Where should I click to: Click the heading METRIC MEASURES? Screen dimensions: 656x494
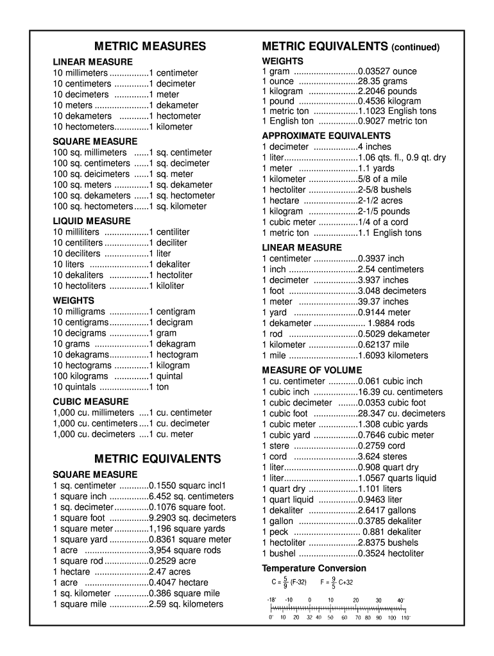pos(150,46)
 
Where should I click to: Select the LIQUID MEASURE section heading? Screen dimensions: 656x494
pos(82,221)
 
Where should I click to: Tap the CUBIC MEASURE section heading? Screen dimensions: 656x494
pos(81,402)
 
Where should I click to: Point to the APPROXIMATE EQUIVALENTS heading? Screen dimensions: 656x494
pos(326,136)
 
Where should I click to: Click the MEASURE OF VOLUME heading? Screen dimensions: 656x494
pos(312,370)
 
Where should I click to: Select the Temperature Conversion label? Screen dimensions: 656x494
pos(314,568)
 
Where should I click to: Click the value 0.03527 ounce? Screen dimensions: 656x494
pos(387,71)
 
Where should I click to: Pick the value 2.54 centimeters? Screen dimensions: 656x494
pos(391,269)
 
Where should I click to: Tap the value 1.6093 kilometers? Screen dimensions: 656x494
pos(393,355)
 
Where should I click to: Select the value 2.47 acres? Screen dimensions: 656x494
pos(169,571)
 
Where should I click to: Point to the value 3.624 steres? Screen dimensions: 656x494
pos(382,456)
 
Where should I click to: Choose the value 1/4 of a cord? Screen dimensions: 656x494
pos(383,222)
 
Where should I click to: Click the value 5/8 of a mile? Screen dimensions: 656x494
pos(382,179)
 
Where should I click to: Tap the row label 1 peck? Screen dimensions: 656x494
pos(275,531)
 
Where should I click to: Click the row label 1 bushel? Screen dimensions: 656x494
pos(279,553)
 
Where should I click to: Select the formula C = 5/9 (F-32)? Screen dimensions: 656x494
pos(289,583)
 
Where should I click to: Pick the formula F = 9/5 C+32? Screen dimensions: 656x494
pos(337,583)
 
